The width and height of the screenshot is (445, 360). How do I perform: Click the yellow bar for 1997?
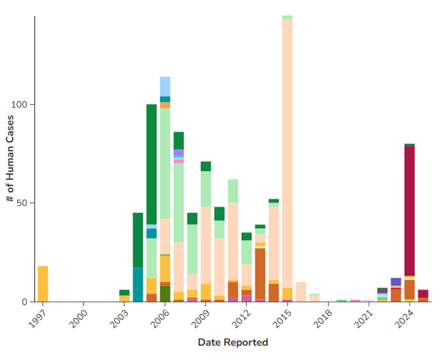[43, 284]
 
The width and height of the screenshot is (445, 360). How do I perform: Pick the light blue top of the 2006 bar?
[165, 86]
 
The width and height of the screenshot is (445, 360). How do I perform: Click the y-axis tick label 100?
[20, 105]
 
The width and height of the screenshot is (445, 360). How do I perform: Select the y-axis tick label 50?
[22, 203]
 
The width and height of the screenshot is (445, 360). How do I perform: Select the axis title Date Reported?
[232, 343]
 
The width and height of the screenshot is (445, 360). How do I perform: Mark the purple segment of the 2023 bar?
[396, 282]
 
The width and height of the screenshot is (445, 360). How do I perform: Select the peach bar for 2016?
[301, 292]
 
